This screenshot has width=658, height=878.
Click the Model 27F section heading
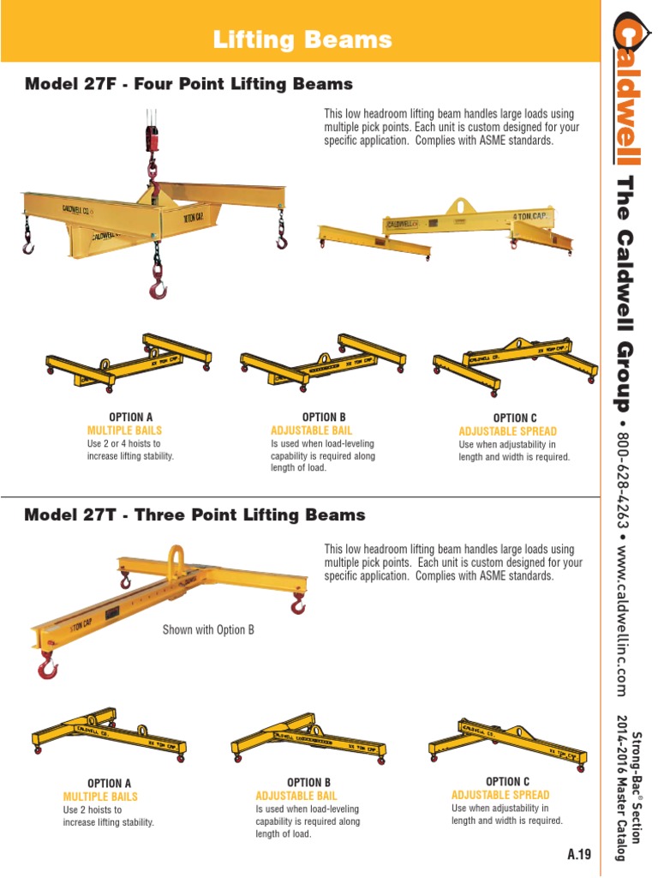point(188,84)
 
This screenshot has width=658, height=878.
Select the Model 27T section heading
point(194,515)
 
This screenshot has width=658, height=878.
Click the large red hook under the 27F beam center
point(158,286)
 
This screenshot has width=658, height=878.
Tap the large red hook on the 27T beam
point(48,664)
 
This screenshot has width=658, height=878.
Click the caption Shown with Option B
point(208,630)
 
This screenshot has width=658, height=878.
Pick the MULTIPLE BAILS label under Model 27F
point(123,430)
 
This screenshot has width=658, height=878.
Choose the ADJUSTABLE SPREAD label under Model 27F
point(507,431)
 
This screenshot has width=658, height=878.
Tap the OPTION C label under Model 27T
point(508,781)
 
